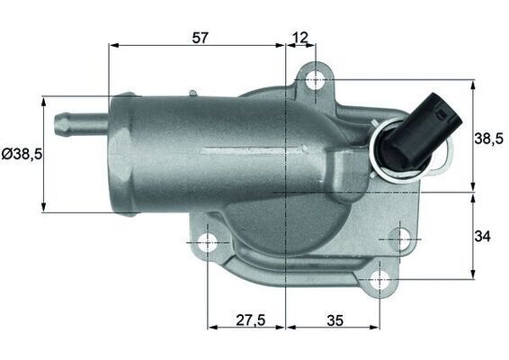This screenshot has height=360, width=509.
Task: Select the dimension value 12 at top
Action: click(x=300, y=37)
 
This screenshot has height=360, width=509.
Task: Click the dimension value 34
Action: click(x=483, y=237)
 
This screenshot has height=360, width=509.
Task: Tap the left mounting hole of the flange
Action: click(x=208, y=242)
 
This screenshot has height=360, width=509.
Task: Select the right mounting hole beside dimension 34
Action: click(x=401, y=240)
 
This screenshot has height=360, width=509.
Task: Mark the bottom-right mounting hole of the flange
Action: click(x=379, y=279)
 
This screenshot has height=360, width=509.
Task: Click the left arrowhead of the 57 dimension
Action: click(x=112, y=45)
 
